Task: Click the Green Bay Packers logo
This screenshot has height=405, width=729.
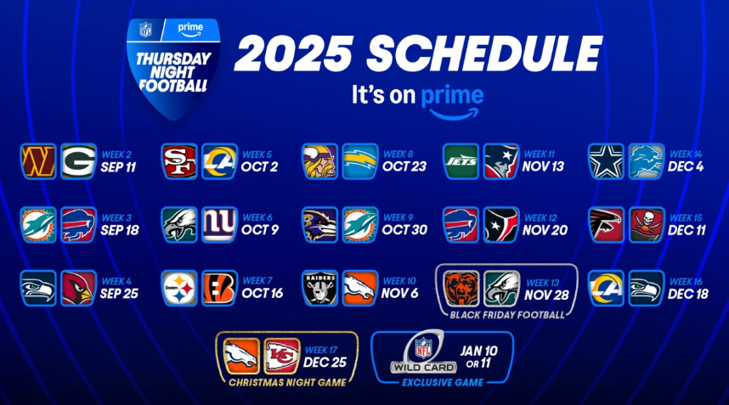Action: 78,161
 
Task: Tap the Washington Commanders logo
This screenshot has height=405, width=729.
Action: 38,161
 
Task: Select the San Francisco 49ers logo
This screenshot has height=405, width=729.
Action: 179,161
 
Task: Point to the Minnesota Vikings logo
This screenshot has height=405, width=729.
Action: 319,161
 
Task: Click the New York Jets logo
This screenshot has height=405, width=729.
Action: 461,161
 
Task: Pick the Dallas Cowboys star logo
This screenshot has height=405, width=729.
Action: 607,161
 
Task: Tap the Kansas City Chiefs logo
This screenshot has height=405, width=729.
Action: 282,357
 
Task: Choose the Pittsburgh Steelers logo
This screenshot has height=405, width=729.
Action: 179,288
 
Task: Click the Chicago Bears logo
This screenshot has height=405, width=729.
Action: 461,289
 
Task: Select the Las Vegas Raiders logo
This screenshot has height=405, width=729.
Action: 319,288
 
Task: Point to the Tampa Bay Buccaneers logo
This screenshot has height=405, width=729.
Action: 647,225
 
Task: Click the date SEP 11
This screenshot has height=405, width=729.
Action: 119,167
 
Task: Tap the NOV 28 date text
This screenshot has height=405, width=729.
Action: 547,295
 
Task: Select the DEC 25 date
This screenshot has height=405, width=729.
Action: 325,363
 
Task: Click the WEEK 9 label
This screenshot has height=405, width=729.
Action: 398,217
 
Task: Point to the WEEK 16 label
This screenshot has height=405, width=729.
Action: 687,281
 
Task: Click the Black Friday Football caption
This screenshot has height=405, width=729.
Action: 507,315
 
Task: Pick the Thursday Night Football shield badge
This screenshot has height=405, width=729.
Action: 173,67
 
